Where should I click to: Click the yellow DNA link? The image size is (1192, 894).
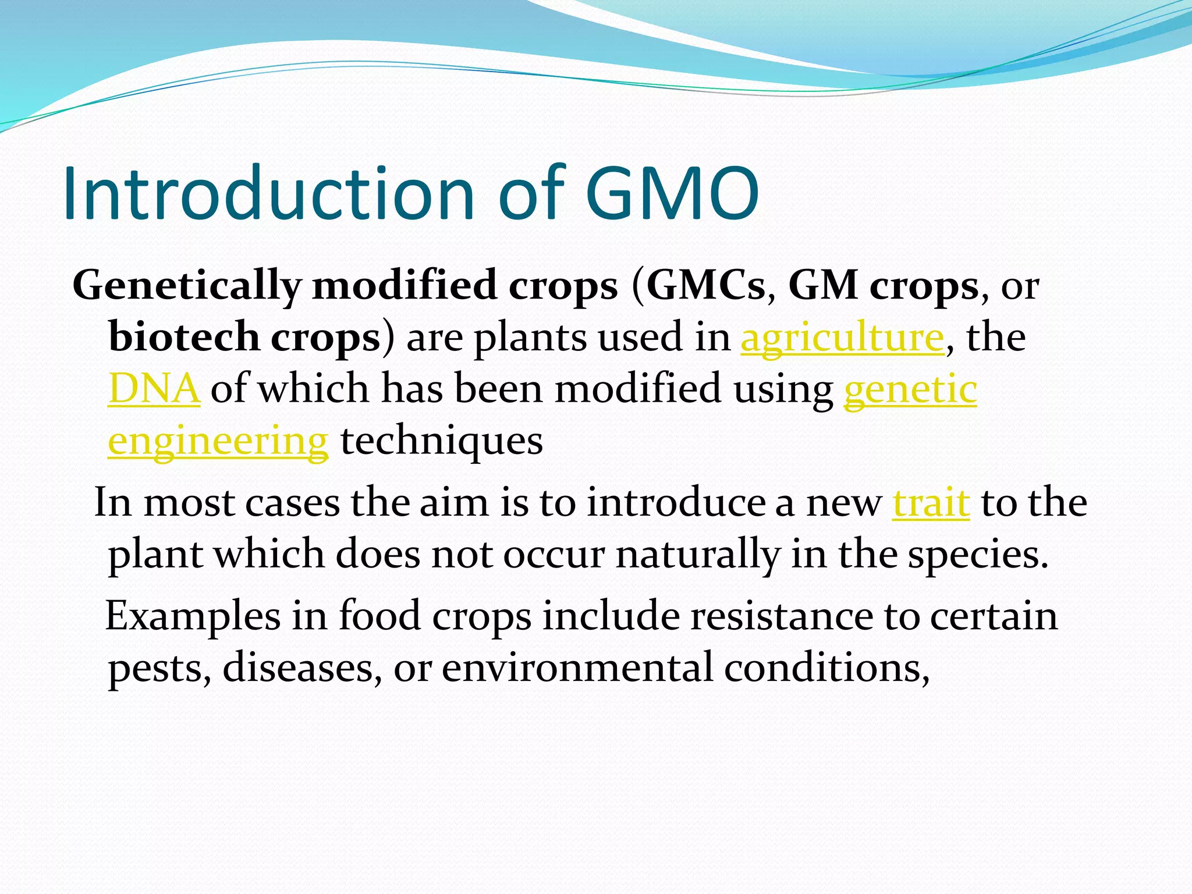(x=154, y=389)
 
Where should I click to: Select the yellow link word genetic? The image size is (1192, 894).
(x=910, y=389)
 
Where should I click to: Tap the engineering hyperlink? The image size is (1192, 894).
(x=218, y=441)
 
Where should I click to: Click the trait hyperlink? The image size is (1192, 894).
(x=931, y=503)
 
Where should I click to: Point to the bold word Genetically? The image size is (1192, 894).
(x=186, y=286)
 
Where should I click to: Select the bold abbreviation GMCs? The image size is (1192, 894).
(x=705, y=285)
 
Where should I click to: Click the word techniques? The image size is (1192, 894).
(x=442, y=441)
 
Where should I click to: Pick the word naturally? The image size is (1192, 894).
(x=697, y=554)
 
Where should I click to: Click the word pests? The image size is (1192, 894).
(x=157, y=668)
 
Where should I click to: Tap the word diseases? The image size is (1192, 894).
(x=299, y=667)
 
